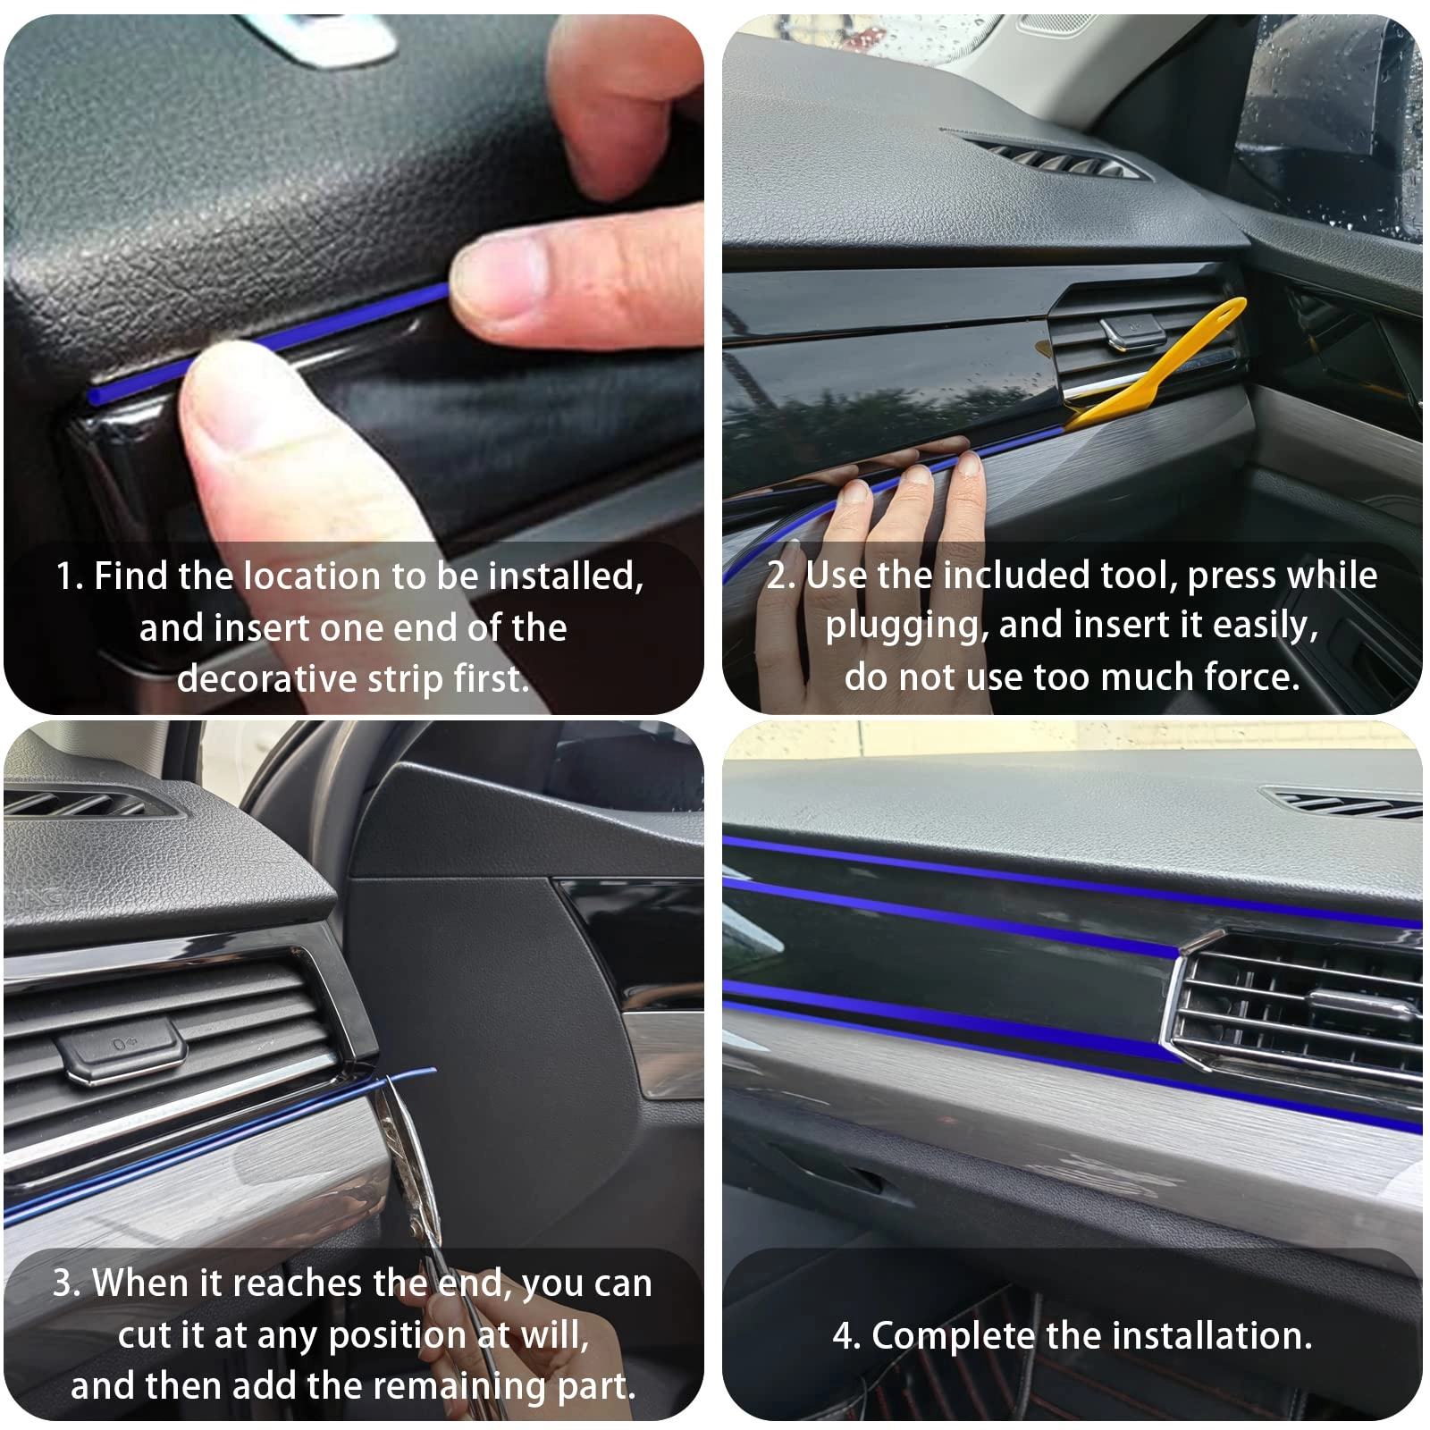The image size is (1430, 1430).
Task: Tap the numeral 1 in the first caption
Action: [64, 576]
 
